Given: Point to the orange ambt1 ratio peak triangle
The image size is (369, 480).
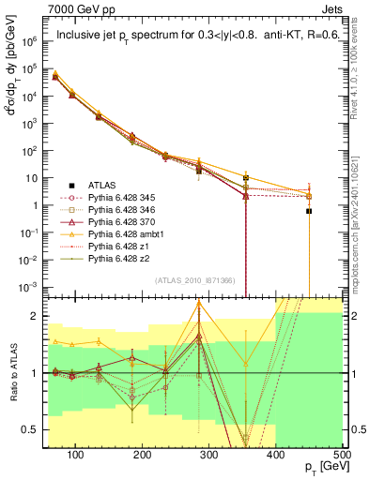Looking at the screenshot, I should pyautogui.click(x=199, y=303).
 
